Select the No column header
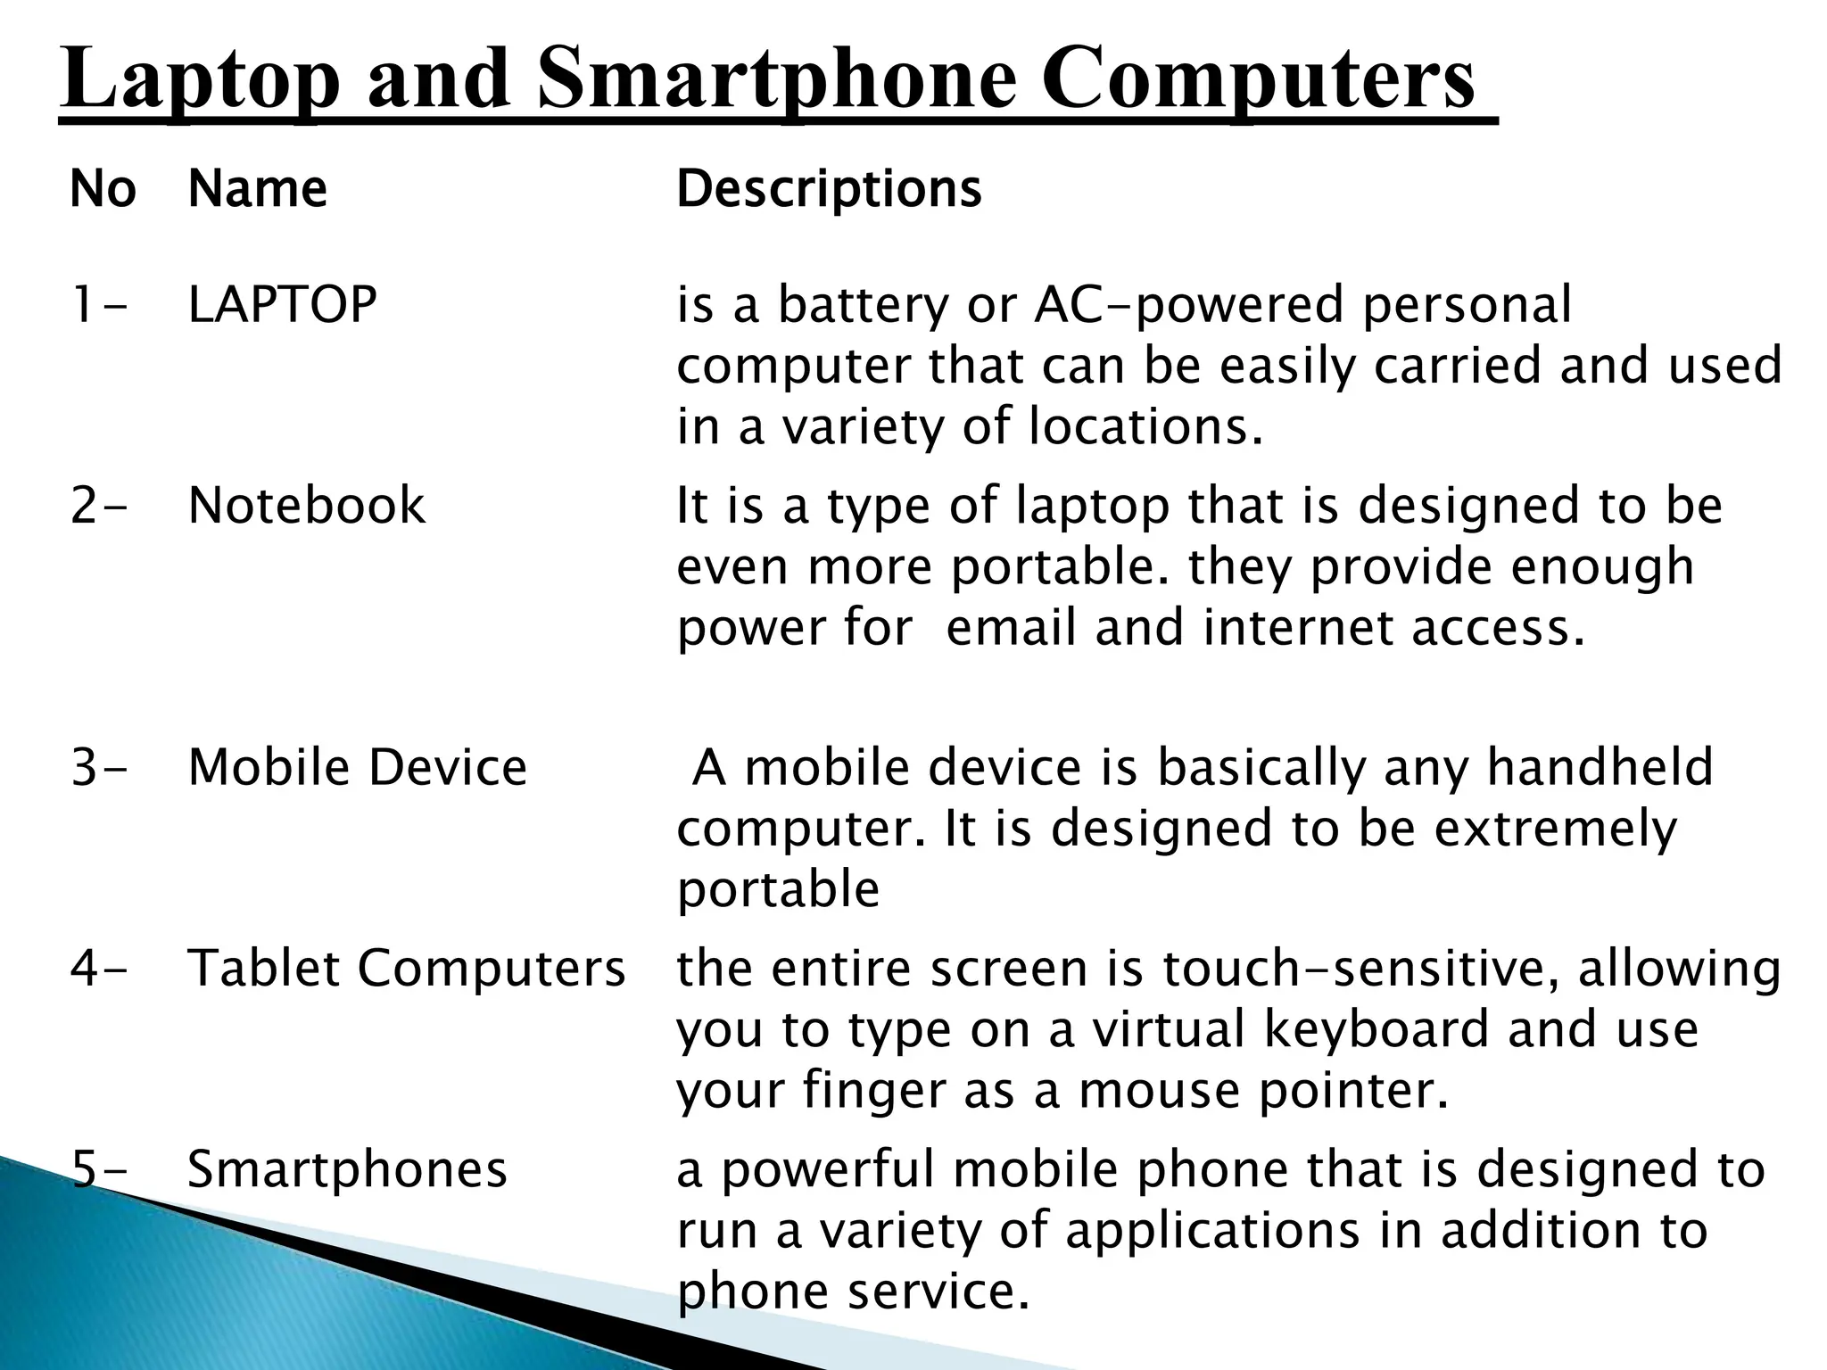pos(103,189)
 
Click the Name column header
pos(258,189)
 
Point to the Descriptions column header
pos(829,189)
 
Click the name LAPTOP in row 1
pos(283,304)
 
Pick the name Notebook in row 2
pos(307,505)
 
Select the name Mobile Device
pos(358,767)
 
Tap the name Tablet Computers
pos(407,968)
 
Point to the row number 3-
pos(99,767)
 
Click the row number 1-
pos(99,304)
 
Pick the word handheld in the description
pos(1600,767)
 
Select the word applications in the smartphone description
pos(1213,1232)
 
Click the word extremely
pos(1556,829)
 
